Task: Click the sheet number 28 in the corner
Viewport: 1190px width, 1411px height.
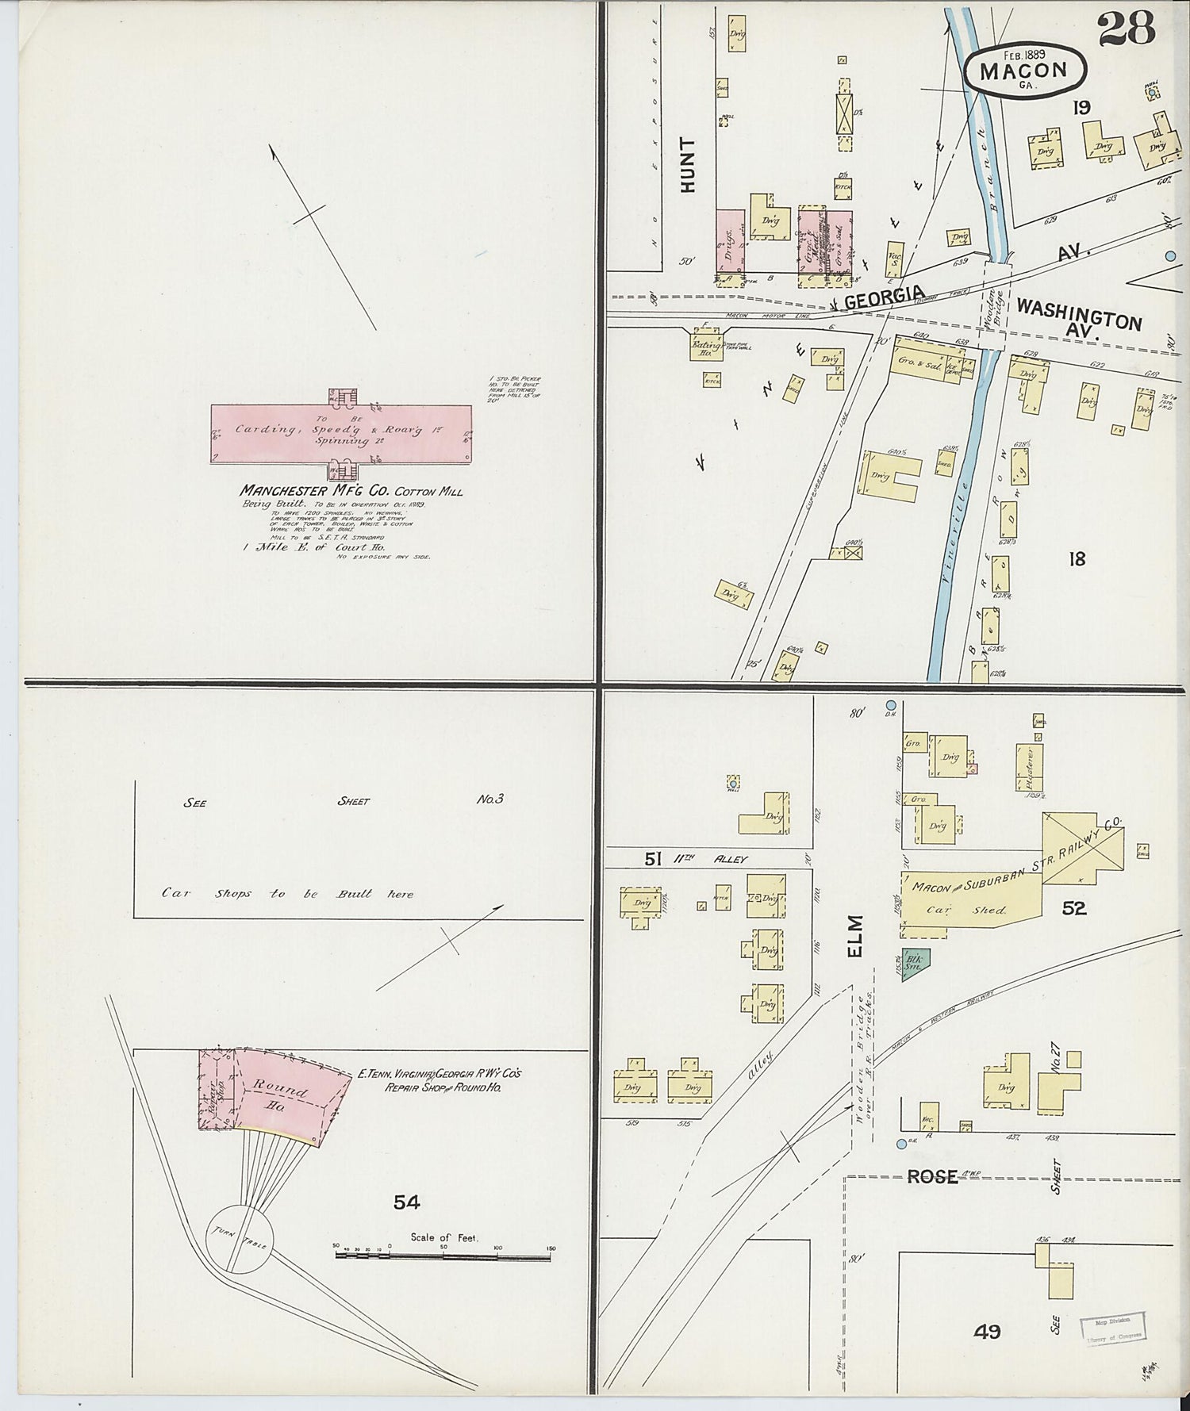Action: pyautogui.click(x=1126, y=29)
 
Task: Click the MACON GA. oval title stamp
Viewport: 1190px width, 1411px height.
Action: pyautogui.click(x=1024, y=70)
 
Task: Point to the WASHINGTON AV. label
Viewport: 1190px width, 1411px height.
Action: pyautogui.click(x=1079, y=317)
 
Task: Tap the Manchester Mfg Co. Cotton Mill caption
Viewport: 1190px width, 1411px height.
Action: pyautogui.click(x=351, y=491)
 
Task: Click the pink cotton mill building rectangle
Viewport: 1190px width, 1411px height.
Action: pyautogui.click(x=341, y=432)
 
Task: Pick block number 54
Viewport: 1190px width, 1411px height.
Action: pyautogui.click(x=406, y=1203)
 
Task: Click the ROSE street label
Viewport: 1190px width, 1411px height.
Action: pyautogui.click(x=932, y=1177)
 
